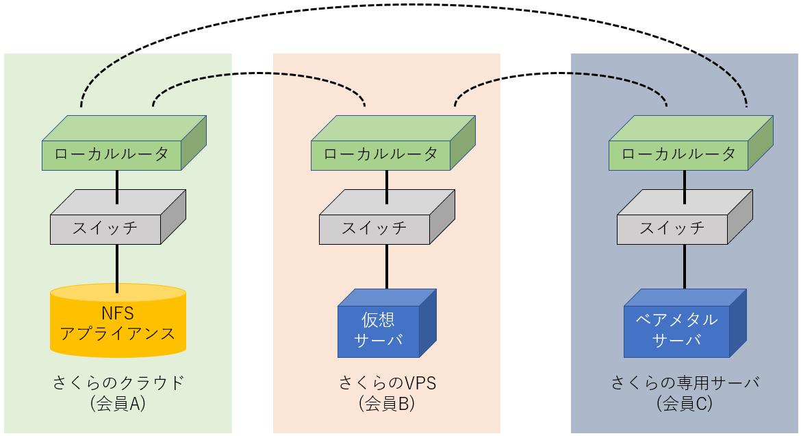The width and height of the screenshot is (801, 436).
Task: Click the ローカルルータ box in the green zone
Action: pyautogui.click(x=112, y=155)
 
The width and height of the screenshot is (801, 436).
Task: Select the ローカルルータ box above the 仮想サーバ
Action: pyautogui.click(x=381, y=155)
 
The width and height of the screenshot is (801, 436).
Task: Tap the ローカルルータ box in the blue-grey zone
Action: pyautogui.click(x=678, y=155)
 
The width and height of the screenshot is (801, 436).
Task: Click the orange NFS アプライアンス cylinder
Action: pyautogui.click(x=118, y=326)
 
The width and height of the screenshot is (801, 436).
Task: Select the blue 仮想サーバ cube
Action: pyautogui.click(x=379, y=331)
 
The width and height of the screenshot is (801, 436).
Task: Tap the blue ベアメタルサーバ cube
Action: pyautogui.click(x=676, y=331)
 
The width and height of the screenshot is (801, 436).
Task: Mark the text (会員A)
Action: pyautogui.click(x=118, y=404)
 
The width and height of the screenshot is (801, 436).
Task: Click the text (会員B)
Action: pyautogui.click(x=387, y=404)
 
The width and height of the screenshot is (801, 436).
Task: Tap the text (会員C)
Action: pyautogui.click(x=685, y=404)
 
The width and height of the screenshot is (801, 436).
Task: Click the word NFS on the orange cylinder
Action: pyautogui.click(x=118, y=314)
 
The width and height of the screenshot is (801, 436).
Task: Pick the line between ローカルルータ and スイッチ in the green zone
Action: pyautogui.click(x=117, y=186)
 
